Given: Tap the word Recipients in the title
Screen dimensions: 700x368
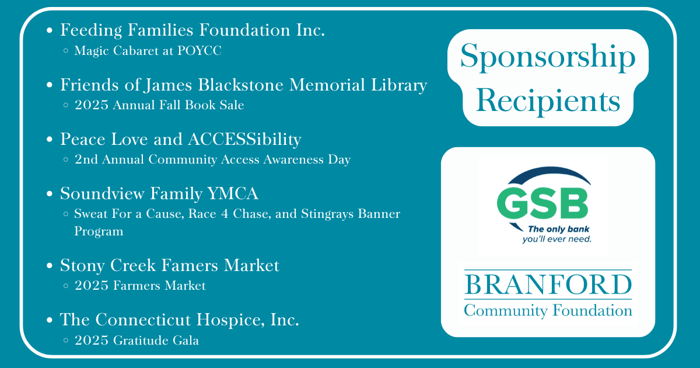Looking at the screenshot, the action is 548,100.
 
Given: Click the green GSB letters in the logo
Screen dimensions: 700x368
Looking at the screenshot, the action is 542,204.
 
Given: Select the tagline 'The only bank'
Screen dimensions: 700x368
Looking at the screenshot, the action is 558,230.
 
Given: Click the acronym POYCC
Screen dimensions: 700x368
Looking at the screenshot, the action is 199,51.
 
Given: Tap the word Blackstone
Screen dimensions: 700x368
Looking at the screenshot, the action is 240,85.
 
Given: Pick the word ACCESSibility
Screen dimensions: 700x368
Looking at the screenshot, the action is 244,140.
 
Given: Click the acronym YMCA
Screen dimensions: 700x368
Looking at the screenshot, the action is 233,193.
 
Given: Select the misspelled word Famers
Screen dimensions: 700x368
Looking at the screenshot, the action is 189,265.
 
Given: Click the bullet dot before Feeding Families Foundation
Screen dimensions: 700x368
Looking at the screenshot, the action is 50,30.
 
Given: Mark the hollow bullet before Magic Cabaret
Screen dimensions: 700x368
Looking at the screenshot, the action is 65,50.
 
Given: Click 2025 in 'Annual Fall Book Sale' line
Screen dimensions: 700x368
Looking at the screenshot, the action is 91,105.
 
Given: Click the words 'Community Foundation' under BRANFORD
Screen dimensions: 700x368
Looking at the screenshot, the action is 548,311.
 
